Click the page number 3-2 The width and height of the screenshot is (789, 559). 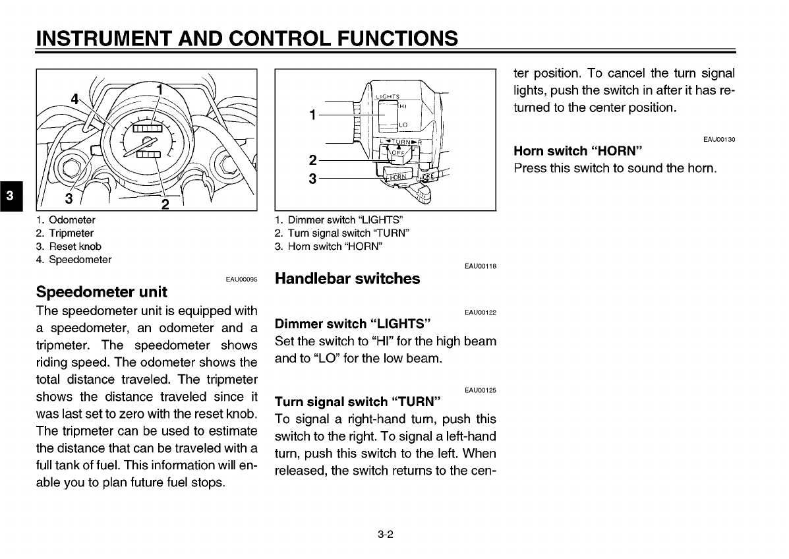click(x=386, y=534)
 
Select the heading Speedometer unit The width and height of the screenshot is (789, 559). click(x=102, y=291)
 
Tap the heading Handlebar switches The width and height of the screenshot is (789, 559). click(x=347, y=279)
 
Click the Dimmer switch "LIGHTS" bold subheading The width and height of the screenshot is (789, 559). click(x=353, y=324)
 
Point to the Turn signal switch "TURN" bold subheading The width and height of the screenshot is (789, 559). click(x=357, y=401)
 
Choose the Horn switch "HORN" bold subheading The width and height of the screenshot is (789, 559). click(x=578, y=151)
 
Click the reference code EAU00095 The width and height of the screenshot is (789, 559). click(x=241, y=279)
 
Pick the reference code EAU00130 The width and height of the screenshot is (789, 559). click(x=718, y=139)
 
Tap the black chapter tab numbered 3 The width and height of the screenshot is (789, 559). click(x=9, y=196)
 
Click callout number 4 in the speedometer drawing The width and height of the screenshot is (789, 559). click(x=75, y=100)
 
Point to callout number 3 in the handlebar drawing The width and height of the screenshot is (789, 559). click(x=312, y=179)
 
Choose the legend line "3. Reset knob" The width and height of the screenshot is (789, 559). click(x=69, y=247)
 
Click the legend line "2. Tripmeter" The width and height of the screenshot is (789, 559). click(x=65, y=233)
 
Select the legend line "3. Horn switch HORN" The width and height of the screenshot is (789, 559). click(x=328, y=247)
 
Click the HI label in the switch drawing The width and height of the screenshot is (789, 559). click(x=403, y=106)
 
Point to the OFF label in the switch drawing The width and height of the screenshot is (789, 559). click(x=399, y=153)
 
